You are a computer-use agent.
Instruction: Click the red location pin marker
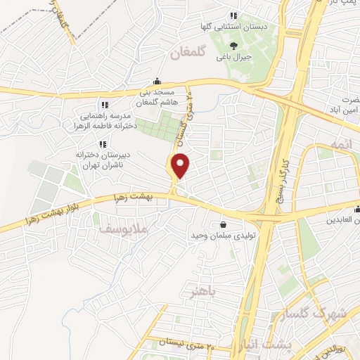point(181,165)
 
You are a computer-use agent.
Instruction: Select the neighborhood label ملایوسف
point(122,230)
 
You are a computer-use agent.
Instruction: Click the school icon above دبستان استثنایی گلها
point(233,15)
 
